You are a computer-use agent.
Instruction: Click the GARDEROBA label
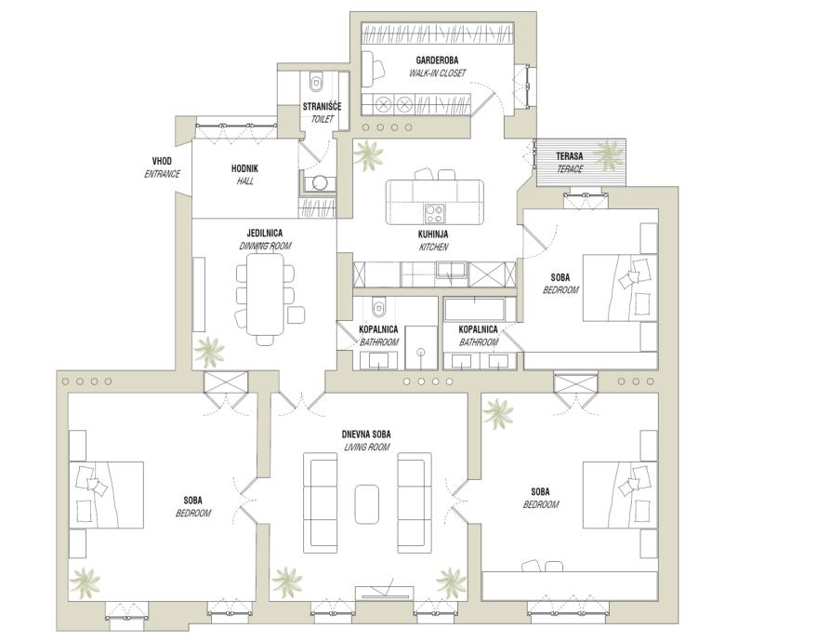pyautogui.click(x=437, y=60)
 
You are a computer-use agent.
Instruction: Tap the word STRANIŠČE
pyautogui.click(x=322, y=106)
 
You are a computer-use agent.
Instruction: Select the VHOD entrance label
pyautogui.click(x=162, y=161)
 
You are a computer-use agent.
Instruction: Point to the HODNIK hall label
pyautogui.click(x=244, y=168)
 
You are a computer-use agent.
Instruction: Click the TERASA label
pyautogui.click(x=570, y=156)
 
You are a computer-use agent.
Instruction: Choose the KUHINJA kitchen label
pyautogui.click(x=433, y=234)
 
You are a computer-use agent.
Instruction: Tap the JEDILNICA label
pyautogui.click(x=265, y=233)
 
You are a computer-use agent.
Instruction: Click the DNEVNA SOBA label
pyautogui.click(x=366, y=435)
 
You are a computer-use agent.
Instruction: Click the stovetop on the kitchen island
pyautogui.click(x=434, y=213)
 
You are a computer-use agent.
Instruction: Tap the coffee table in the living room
pyautogui.click(x=366, y=503)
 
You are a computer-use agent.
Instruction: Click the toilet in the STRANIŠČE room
pyautogui.click(x=317, y=81)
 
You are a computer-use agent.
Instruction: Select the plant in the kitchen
pyautogui.click(x=368, y=154)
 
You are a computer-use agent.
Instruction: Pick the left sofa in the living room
pyautogui.click(x=321, y=502)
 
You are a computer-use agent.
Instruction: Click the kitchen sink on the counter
pyautogui.click(x=451, y=270)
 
